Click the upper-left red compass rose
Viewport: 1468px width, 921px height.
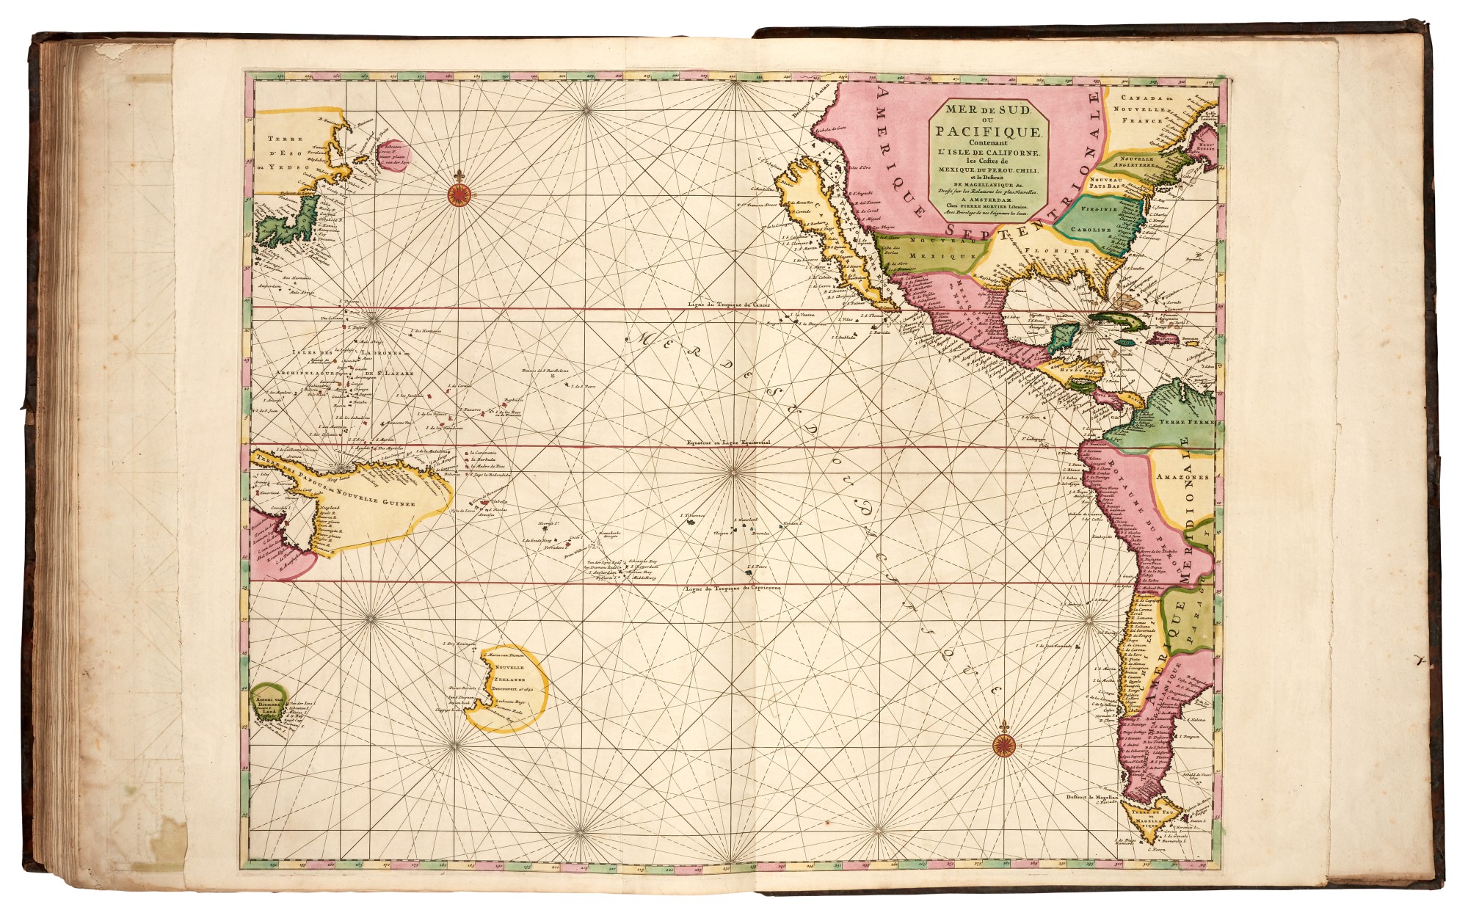coord(459,194)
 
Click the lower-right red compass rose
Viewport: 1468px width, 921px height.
coord(1003,746)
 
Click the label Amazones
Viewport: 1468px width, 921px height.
coord(1182,476)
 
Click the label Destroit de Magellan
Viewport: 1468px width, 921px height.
coord(1091,796)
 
